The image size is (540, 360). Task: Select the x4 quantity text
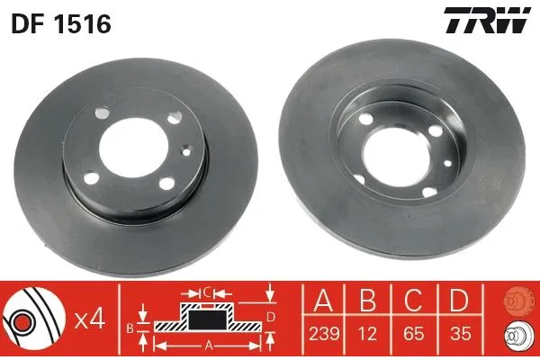click(89, 317)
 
